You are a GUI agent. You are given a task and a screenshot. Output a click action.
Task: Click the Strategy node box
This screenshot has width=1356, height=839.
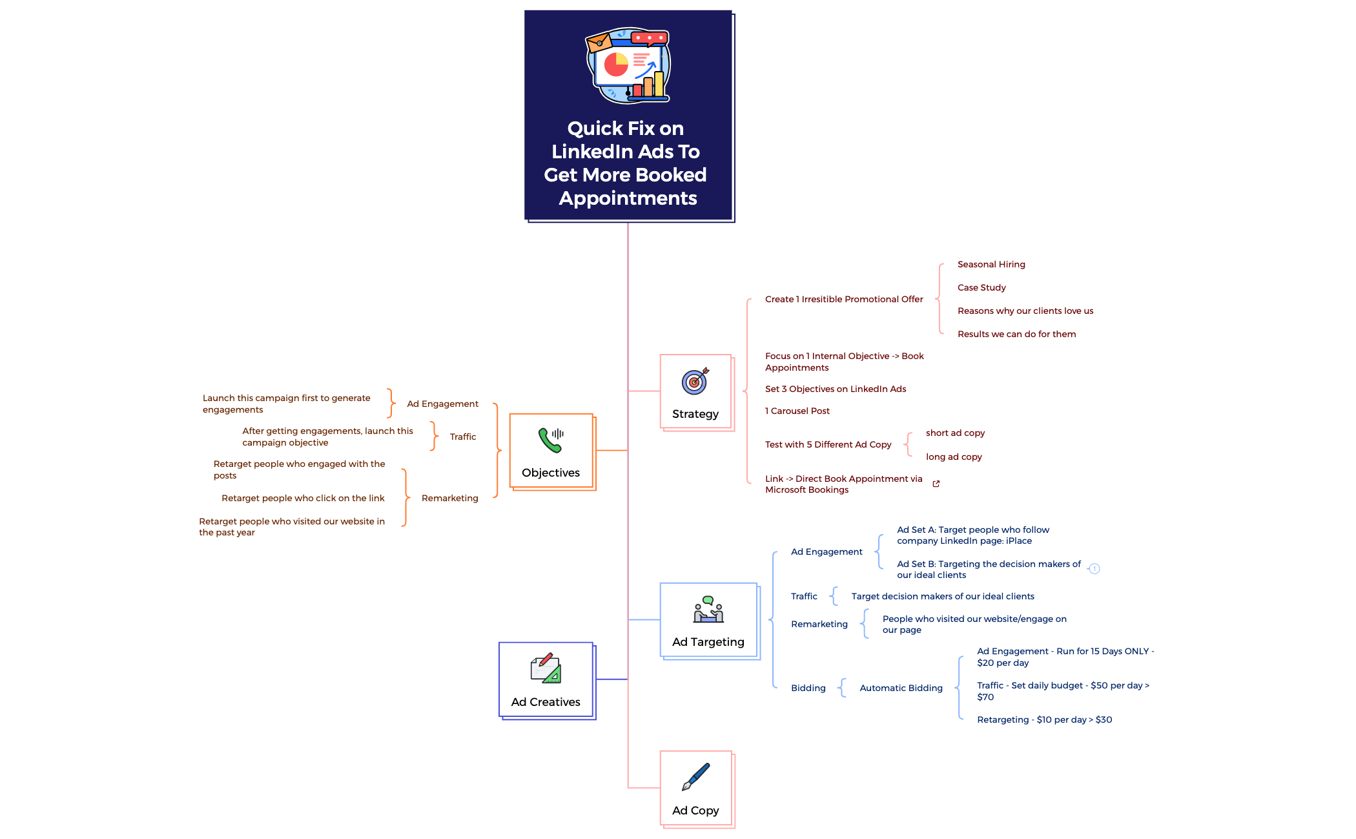click(x=695, y=391)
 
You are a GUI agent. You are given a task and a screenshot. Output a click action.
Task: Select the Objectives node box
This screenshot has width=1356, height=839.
click(x=551, y=451)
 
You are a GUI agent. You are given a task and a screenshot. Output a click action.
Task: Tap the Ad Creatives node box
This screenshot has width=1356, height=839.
click(x=546, y=679)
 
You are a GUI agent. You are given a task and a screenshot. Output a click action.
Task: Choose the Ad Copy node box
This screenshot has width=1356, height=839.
click(x=695, y=788)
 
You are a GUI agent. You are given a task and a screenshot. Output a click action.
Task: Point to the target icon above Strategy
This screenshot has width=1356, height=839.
click(x=695, y=381)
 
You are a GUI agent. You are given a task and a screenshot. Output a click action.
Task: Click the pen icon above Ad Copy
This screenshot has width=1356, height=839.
click(x=695, y=776)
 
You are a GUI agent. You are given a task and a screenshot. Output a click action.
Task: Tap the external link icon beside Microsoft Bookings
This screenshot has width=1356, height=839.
click(x=936, y=484)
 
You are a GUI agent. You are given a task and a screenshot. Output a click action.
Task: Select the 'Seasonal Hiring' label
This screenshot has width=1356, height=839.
click(x=991, y=264)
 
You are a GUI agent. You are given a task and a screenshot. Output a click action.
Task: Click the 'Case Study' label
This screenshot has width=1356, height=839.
click(x=981, y=287)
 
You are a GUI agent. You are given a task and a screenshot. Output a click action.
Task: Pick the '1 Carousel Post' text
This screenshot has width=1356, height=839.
click(x=797, y=411)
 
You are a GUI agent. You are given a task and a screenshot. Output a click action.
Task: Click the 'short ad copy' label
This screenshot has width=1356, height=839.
click(x=955, y=433)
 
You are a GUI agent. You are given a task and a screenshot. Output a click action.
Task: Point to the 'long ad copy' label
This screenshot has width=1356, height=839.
click(x=954, y=457)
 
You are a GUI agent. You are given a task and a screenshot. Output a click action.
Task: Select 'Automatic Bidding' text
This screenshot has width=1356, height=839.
click(x=901, y=688)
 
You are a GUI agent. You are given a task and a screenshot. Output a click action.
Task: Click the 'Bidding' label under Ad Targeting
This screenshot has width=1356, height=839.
click(x=808, y=688)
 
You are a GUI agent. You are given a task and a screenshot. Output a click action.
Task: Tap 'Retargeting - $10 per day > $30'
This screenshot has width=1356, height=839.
click(x=1044, y=720)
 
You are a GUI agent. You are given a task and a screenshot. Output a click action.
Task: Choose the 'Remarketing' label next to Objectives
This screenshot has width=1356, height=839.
click(x=449, y=498)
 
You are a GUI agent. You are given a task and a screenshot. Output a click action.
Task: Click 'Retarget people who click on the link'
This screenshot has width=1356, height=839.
click(x=303, y=498)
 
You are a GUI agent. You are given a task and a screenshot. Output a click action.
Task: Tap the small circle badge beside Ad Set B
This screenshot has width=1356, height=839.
click(x=1094, y=569)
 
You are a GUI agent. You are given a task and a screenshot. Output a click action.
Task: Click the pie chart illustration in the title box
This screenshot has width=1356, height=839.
click(x=616, y=65)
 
